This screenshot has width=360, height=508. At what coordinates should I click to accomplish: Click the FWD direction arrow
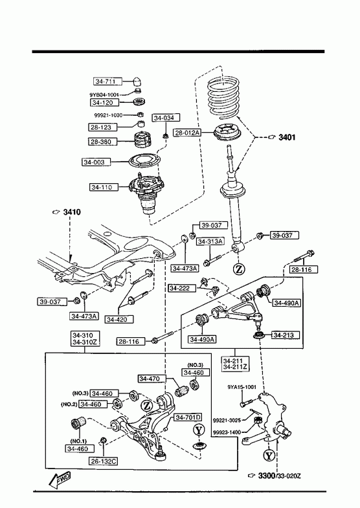tap(60, 480)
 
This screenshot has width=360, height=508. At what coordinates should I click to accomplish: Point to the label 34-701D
tap(188, 417)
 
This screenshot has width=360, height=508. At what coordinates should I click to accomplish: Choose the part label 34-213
tap(284, 335)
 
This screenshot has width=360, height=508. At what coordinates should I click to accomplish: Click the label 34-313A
tap(210, 241)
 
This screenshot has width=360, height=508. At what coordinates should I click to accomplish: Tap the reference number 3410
tap(72, 212)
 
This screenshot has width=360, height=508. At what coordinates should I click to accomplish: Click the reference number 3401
tap(287, 137)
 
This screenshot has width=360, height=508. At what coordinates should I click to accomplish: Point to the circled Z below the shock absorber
tap(239, 269)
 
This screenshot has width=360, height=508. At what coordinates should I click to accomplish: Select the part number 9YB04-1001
tap(104, 95)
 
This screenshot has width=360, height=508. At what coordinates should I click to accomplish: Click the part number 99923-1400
tap(227, 432)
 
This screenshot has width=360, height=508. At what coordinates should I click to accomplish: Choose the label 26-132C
tap(103, 461)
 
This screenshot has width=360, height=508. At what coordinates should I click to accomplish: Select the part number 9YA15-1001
tap(242, 387)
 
